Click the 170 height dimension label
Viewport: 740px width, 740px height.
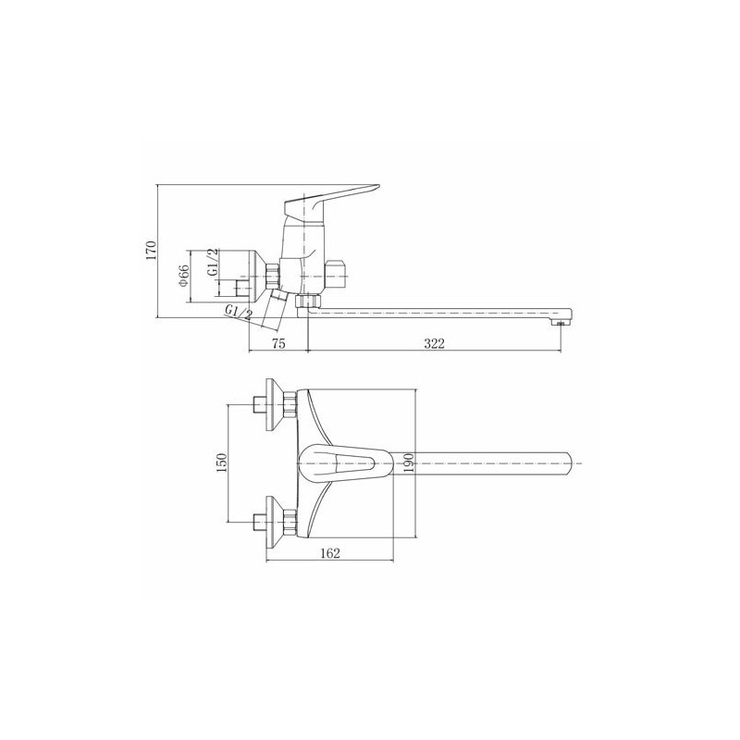point(151,251)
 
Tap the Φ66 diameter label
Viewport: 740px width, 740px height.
point(183,275)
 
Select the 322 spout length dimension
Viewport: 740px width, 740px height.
point(434,343)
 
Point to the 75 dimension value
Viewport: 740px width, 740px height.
point(279,343)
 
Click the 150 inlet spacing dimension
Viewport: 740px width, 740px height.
point(222,462)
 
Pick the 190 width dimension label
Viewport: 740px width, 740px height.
point(409,462)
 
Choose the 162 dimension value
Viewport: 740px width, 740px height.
point(330,553)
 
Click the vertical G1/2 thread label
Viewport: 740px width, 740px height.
point(214,263)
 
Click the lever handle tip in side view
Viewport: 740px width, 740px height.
point(376,186)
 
